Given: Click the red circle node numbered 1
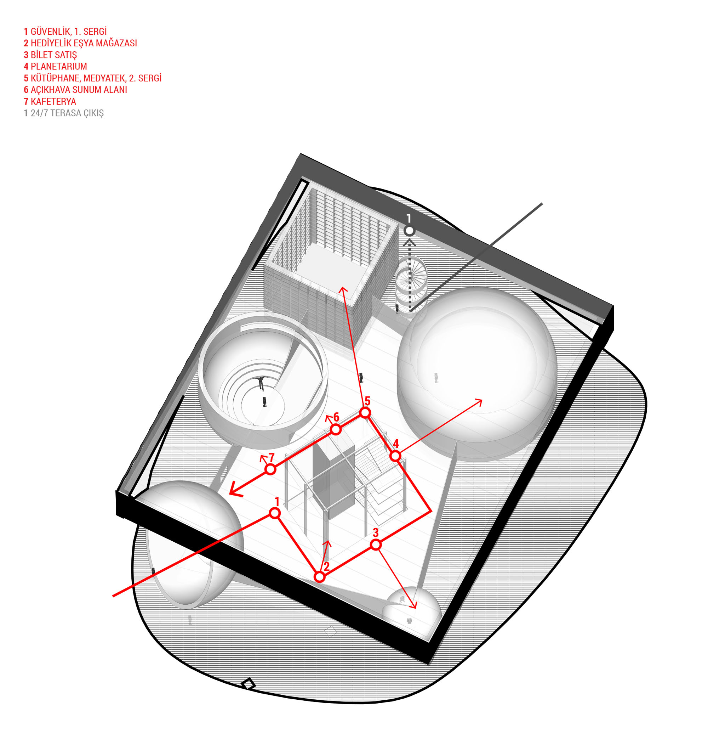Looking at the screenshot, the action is click(275, 513).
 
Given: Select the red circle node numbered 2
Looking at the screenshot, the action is click(320, 577).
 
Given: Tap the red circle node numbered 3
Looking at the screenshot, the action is click(376, 545).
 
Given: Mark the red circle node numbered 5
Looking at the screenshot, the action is click(365, 413).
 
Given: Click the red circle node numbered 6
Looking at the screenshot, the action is click(335, 430).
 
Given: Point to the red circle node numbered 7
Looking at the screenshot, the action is click(270, 469).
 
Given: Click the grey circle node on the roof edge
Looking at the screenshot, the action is click(409, 231).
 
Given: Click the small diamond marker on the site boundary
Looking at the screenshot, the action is click(248, 684).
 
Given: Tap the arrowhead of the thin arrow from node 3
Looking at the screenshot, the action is click(414, 605).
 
